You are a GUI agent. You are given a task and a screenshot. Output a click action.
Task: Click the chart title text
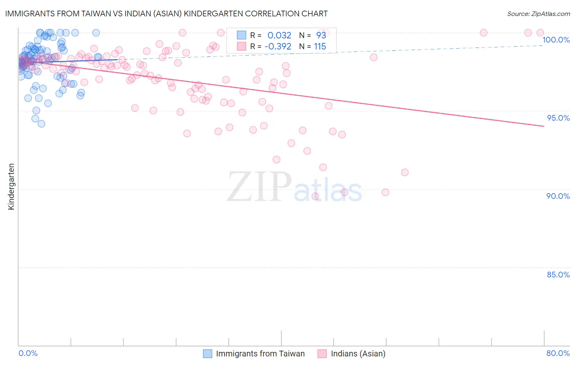click(166, 14)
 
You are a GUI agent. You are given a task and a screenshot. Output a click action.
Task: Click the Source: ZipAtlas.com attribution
click(538, 14)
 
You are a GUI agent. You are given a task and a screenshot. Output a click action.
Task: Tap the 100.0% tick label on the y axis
click(556, 40)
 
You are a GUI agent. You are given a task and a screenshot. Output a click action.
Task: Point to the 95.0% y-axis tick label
click(558, 118)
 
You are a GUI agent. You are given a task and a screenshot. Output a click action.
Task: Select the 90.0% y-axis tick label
click(558, 196)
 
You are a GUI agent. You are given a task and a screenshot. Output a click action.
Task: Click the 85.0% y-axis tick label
click(558, 275)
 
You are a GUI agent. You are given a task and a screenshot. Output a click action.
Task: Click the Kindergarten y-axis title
click(11, 187)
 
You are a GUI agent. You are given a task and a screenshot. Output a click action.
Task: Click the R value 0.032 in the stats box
click(279, 35)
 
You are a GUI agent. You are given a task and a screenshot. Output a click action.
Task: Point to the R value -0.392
click(278, 47)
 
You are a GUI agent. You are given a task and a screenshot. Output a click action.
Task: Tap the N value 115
click(320, 47)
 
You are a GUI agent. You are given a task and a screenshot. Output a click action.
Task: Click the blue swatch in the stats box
click(241, 35)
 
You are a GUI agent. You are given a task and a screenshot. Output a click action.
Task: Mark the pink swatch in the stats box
click(241, 47)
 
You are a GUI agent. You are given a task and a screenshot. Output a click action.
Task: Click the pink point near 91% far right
click(405, 172)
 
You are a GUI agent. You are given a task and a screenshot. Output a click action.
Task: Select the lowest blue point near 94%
click(41, 124)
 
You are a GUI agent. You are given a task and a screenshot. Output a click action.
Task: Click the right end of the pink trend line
click(544, 126)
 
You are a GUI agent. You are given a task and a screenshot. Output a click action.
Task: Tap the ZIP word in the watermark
click(259, 187)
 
